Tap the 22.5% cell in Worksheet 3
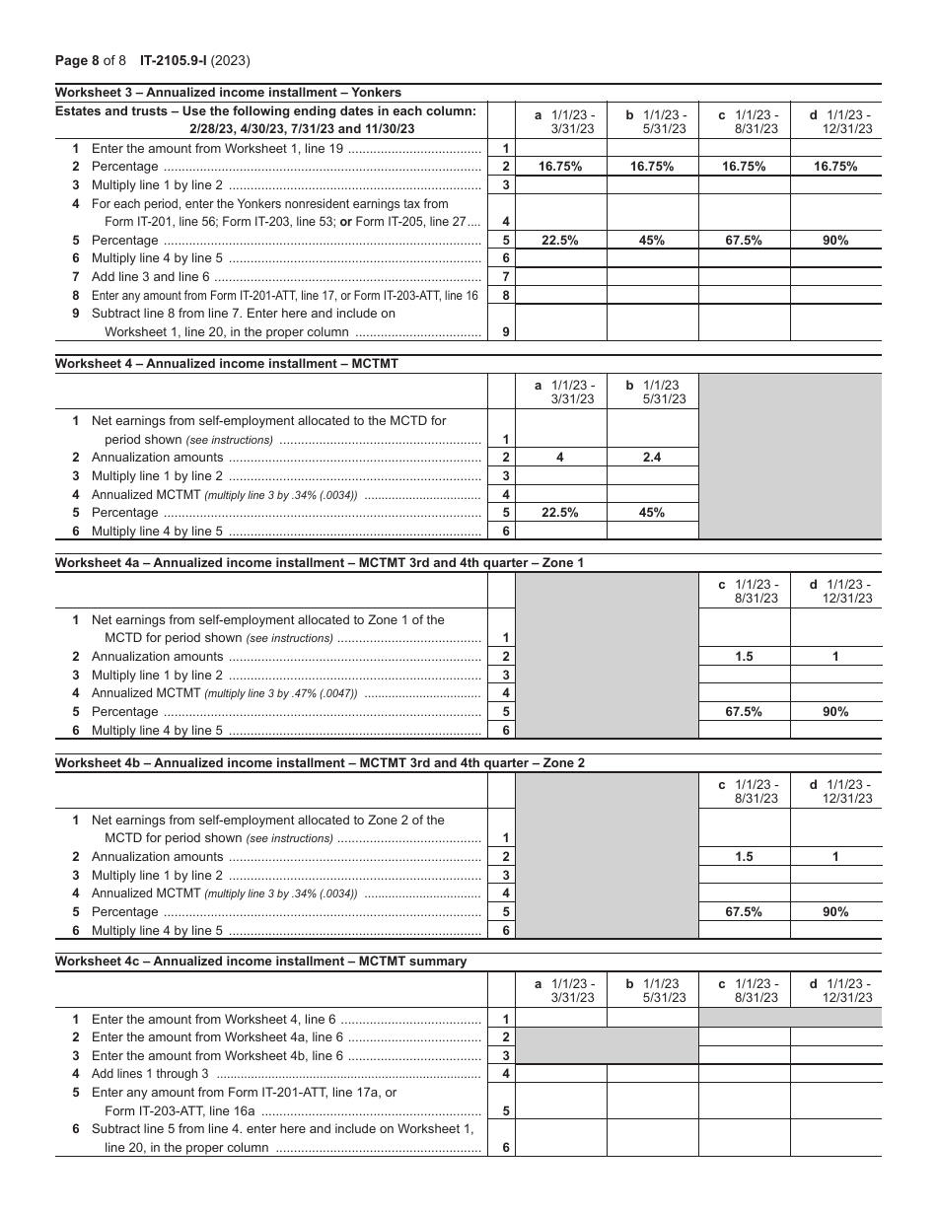click(x=560, y=241)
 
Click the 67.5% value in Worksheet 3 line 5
click(x=744, y=241)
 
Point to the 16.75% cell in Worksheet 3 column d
click(x=835, y=167)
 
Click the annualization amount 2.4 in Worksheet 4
click(x=652, y=458)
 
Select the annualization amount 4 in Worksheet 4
click(x=560, y=458)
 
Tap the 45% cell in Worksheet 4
click(x=652, y=513)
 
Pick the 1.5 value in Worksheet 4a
click(x=744, y=657)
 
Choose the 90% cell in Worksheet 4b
click(x=835, y=912)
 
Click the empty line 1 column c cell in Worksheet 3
click(x=744, y=149)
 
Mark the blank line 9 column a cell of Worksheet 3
click(x=560, y=322)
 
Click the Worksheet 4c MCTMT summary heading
click(x=260, y=961)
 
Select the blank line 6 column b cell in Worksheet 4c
click(x=652, y=1138)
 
